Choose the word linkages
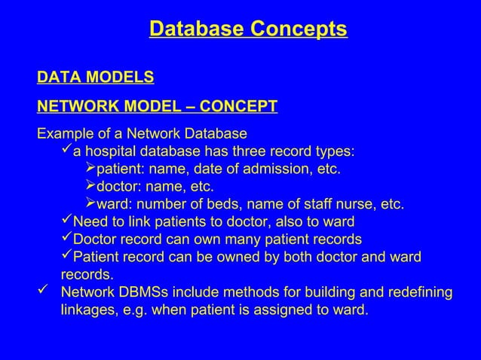point(87,310)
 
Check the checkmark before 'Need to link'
point(66,221)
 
